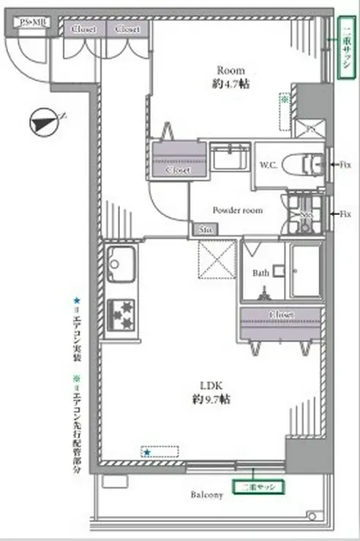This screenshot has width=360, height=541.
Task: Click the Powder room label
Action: (x=237, y=210)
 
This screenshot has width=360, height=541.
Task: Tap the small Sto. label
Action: (x=203, y=228)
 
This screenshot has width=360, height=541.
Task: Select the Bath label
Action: (x=260, y=273)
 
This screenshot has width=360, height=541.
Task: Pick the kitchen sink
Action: (x=120, y=264)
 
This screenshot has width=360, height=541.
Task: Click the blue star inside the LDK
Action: (x=146, y=453)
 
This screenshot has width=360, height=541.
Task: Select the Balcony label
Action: (x=207, y=495)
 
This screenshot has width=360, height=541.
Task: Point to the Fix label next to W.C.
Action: (x=345, y=164)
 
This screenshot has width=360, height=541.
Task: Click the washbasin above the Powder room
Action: (x=230, y=156)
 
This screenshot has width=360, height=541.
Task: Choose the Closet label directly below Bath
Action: (x=281, y=314)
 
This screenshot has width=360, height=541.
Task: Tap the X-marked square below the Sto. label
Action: (x=217, y=260)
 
